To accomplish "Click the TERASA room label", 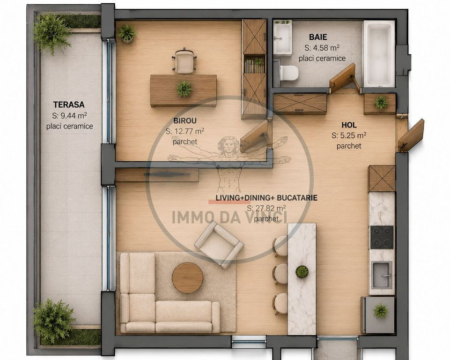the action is click(68, 104).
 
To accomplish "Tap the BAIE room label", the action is click(318, 37).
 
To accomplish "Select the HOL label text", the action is click(349, 125).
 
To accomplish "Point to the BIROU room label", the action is click(185, 120).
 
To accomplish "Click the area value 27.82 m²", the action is click(266, 208).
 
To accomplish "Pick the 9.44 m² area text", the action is click(69, 115).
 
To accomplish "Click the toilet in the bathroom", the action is click(288, 72).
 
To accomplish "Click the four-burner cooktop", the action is click(382, 237).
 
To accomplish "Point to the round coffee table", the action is click(187, 277).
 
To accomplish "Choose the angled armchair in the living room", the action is click(219, 245).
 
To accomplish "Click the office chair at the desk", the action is click(184, 60).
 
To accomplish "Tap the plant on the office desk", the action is click(184, 89).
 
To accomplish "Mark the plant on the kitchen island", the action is click(302, 271).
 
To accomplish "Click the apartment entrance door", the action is click(411, 135).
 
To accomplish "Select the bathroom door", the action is click(343, 78).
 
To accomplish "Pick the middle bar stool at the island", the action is click(280, 274).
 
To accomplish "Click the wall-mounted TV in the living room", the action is click(167, 174).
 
